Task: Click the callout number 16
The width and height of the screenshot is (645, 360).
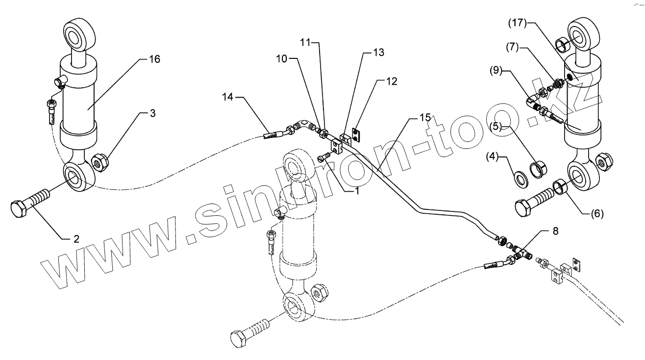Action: pyautogui.click(x=155, y=59)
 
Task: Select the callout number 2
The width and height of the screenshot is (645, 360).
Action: pyautogui.click(x=76, y=239)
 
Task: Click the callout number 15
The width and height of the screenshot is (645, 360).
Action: pyautogui.click(x=425, y=118)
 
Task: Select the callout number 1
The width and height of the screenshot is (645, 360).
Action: pyautogui.click(x=357, y=191)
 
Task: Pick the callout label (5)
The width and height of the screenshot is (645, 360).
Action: pyautogui.click(x=496, y=127)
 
